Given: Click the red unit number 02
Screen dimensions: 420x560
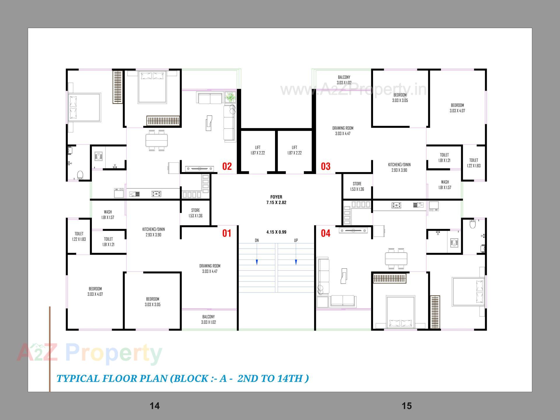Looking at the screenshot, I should point(227,166).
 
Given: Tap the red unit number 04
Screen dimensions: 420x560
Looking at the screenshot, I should point(325,233).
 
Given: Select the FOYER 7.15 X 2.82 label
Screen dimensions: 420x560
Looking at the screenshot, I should point(276,199).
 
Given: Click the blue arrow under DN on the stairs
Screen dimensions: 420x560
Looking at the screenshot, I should point(257,262).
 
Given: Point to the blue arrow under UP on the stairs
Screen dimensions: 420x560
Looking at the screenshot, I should point(296,262).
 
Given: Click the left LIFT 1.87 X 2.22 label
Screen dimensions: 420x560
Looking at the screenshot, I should point(258,150).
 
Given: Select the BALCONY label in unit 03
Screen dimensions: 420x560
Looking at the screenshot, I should point(344,80).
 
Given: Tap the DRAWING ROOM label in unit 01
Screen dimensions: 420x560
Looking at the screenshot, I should point(210,268).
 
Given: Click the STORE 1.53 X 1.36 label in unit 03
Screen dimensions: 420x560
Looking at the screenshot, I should point(357,186).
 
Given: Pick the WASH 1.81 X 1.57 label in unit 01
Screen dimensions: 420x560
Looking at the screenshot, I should point(108,214).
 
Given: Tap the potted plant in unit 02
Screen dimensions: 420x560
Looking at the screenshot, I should point(231,96).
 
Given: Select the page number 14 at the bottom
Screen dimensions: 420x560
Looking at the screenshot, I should point(155,406).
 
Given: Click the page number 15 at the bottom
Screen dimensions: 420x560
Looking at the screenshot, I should point(407,406).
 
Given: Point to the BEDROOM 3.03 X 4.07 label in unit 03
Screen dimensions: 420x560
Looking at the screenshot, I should point(457,108).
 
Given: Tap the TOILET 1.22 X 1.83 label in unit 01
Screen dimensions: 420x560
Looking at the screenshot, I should point(79,236).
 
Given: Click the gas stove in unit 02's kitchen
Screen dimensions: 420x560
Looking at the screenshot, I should point(157,193).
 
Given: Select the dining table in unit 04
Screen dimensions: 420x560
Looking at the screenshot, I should point(396,258).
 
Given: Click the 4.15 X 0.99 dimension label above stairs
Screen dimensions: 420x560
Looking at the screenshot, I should point(276,232).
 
